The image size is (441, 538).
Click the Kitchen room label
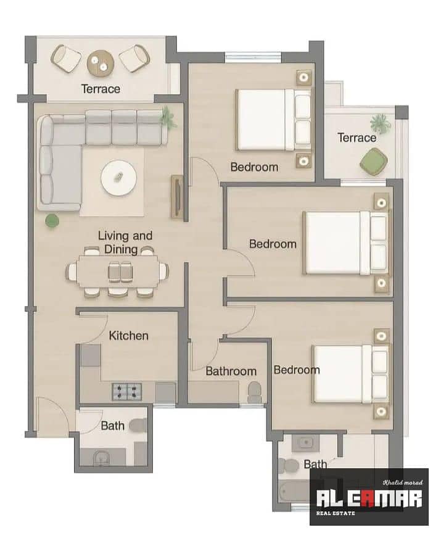(128, 336)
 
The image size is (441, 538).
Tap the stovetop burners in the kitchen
(127, 392)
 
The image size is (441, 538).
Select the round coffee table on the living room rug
(118, 178)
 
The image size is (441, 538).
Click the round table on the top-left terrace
(100, 63)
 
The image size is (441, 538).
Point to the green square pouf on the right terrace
(374, 162)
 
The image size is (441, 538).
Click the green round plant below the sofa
(52, 221)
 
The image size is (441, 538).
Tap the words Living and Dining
(125, 242)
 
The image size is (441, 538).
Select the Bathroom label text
(231, 371)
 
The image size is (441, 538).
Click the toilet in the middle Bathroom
(255, 392)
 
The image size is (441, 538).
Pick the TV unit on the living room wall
(177, 197)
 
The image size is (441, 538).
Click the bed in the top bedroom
(274, 120)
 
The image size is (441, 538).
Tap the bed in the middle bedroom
(346, 243)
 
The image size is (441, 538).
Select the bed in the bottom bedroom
(351, 374)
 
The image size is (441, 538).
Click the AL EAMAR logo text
(369, 499)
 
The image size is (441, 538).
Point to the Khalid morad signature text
(403, 482)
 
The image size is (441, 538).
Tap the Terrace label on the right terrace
(357, 138)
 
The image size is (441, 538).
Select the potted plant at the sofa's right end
(168, 117)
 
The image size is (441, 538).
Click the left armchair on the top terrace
(66, 59)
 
